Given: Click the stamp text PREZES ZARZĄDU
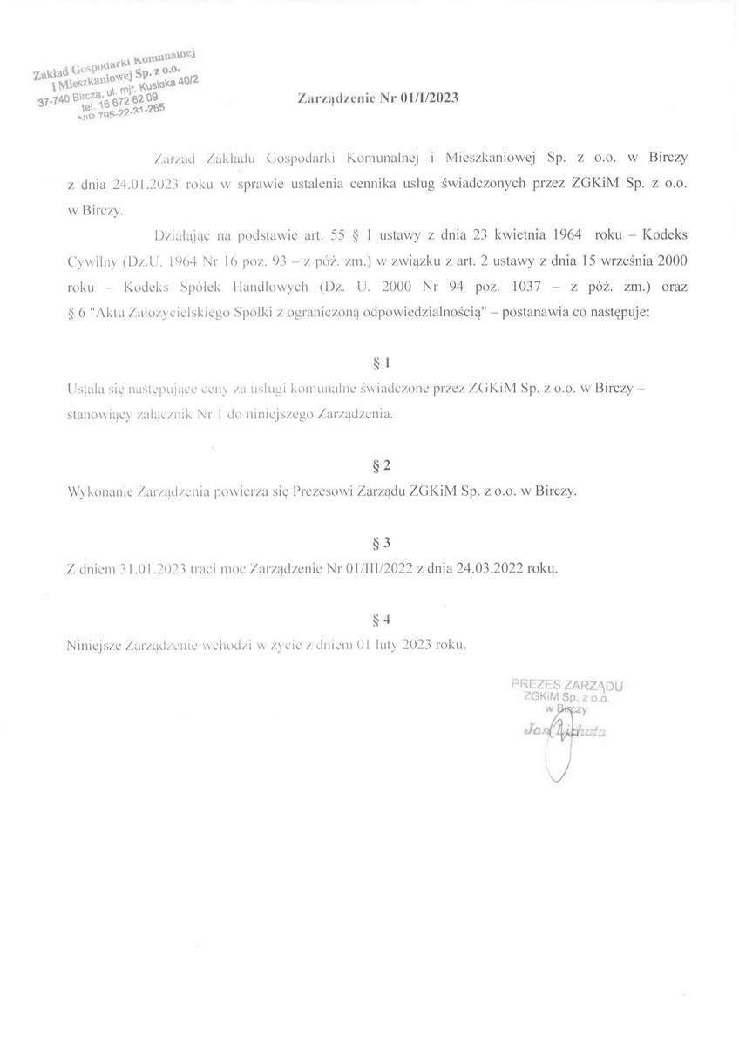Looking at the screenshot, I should tap(559, 686).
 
